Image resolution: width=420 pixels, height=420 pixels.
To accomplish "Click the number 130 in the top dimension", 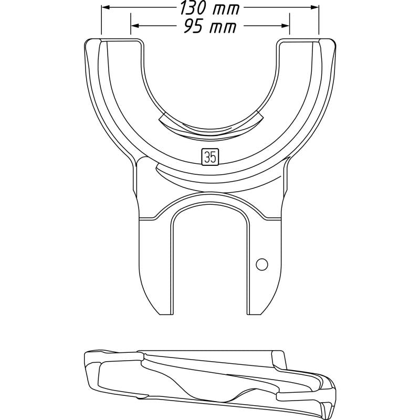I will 194,8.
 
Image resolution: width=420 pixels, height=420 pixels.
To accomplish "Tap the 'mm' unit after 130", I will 226,9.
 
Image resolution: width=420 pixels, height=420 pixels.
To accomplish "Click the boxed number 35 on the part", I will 209,156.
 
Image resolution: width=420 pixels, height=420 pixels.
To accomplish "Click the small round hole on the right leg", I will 262,264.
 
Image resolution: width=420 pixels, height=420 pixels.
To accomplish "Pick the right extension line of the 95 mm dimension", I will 290,31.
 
